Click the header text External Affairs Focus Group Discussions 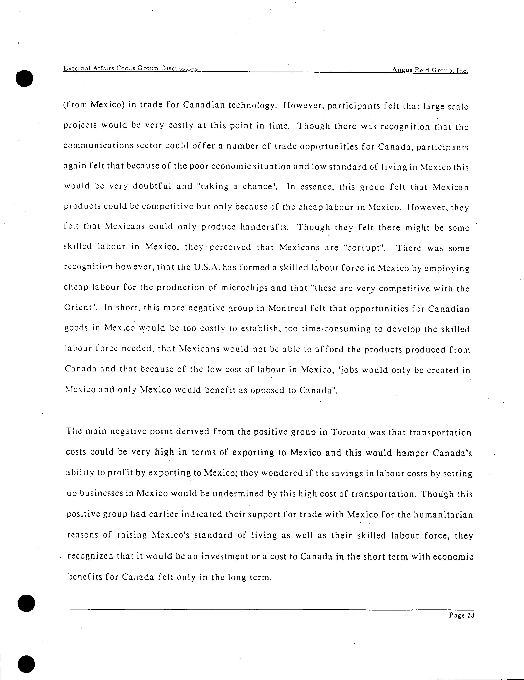coord(131,68)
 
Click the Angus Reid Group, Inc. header coord(430,70)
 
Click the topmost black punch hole coord(24,78)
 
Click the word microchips coord(244,288)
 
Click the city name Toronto coord(348,433)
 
